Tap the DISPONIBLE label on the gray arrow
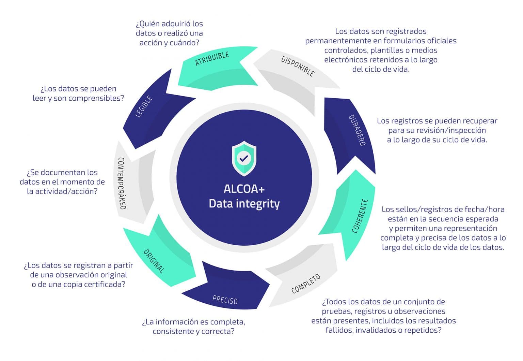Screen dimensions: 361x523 (x=298, y=66)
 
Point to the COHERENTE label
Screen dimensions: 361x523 (x=360, y=216)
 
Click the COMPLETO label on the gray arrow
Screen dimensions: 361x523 (x=306, y=284)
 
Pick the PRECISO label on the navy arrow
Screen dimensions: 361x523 (x=225, y=300)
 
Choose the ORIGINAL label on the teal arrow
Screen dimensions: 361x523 (x=154, y=261)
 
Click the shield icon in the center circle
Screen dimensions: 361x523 (x=244, y=158)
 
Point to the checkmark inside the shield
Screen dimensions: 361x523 (x=244, y=158)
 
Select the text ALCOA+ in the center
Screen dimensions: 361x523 (x=244, y=189)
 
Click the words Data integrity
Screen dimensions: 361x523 (x=244, y=204)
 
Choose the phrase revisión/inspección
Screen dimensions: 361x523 (x=453, y=130)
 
